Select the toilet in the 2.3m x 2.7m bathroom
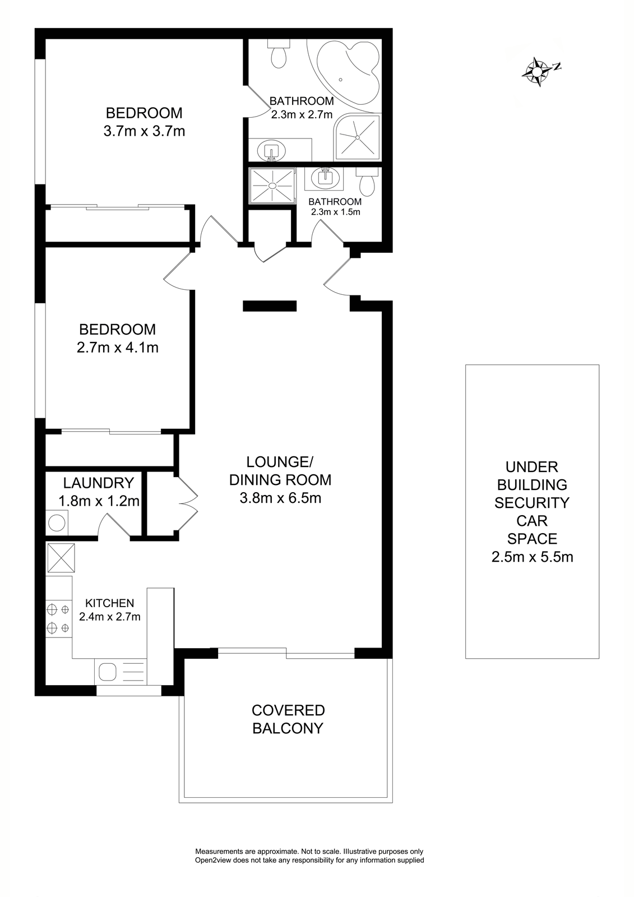(x=279, y=54)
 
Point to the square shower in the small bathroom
(x=272, y=186)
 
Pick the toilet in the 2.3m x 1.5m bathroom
(x=367, y=181)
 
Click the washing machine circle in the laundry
(x=57, y=523)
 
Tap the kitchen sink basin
(x=108, y=672)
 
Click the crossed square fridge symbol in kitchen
(x=61, y=557)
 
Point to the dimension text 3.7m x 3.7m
(x=144, y=131)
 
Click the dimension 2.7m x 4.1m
(x=117, y=348)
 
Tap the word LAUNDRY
(x=99, y=483)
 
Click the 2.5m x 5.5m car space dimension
(x=533, y=557)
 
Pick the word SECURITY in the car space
(x=532, y=503)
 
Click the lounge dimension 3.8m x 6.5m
(x=280, y=498)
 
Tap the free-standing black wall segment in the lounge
(x=270, y=306)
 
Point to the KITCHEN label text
(x=110, y=603)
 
